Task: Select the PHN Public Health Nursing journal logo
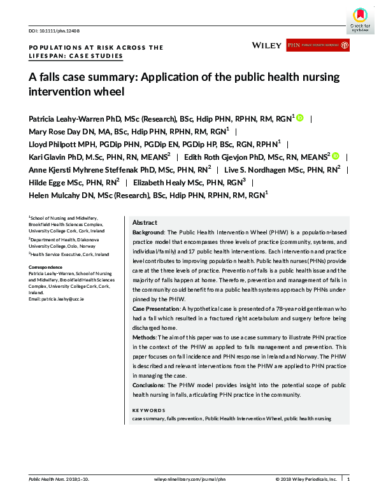click(x=318, y=45)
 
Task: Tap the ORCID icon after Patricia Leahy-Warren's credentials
click(x=300, y=118)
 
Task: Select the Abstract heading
click(x=145, y=223)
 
